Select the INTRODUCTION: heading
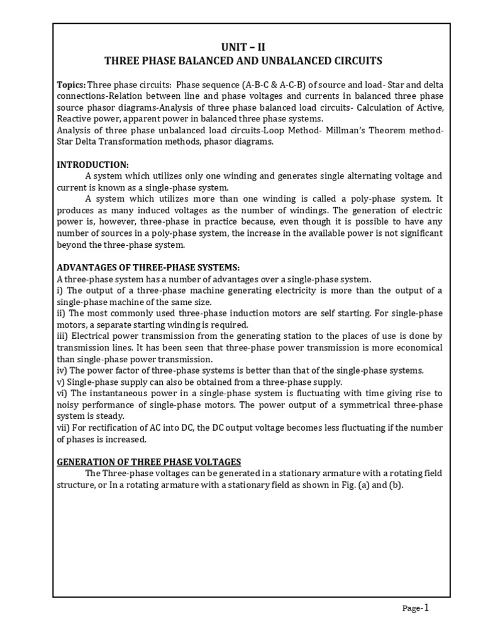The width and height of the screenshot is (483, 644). tap(93, 165)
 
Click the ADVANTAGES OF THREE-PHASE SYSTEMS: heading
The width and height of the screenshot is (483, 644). tap(148, 267)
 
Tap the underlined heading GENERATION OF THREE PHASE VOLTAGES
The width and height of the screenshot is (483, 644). tap(149, 461)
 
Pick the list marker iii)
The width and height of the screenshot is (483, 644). tap(64, 336)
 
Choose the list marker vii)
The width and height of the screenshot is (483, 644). tap(64, 428)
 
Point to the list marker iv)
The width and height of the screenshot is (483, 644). tap(63, 370)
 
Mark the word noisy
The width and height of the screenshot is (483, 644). tap(69, 404)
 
